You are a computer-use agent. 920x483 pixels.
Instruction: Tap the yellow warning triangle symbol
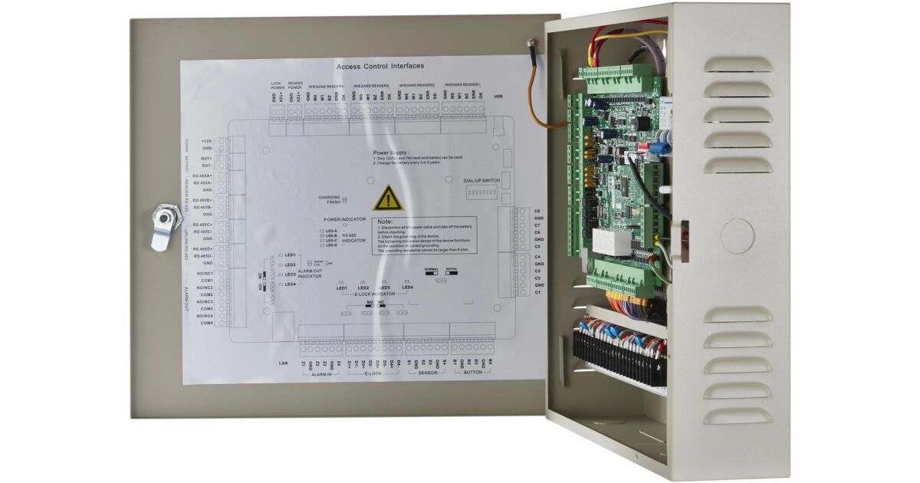[388, 198]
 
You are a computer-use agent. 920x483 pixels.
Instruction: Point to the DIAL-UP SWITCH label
[481, 180]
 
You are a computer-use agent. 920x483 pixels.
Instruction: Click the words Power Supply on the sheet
[391, 153]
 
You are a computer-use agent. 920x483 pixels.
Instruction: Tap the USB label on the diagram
[498, 97]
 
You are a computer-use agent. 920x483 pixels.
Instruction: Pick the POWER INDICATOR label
[344, 219]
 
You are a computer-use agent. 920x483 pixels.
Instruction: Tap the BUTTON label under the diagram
[472, 373]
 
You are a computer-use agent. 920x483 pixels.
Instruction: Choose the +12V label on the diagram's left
[205, 141]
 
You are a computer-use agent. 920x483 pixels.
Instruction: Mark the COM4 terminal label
[206, 323]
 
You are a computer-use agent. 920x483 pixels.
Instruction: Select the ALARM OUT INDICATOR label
[310, 274]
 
